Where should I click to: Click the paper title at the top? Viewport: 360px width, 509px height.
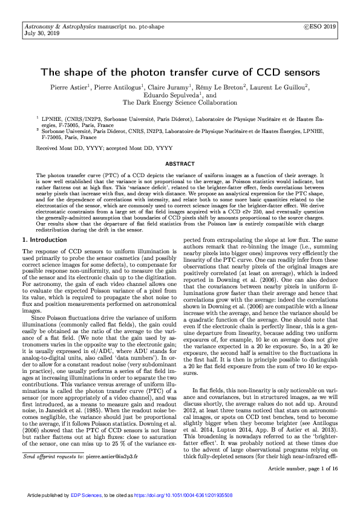(180, 72)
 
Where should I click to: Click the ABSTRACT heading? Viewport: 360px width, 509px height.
(180, 164)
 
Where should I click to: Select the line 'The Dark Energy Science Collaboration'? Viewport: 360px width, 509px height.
(180, 103)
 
